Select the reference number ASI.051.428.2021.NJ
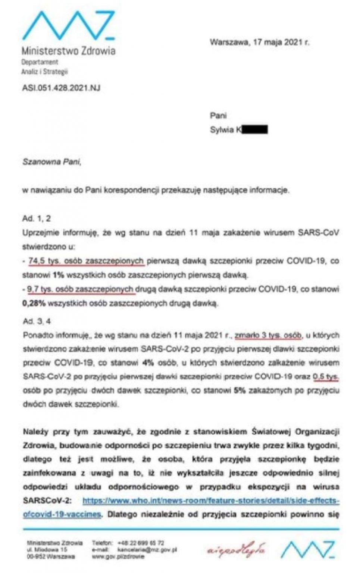pyautogui.click(x=61, y=88)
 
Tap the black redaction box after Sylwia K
pyautogui.click(x=255, y=129)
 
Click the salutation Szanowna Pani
pyautogui.click(x=51, y=162)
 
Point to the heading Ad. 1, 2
pyautogui.click(x=37, y=219)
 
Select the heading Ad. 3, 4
pyautogui.click(x=37, y=321)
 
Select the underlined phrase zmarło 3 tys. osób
pyautogui.click(x=268, y=335)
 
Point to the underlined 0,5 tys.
pyautogui.click(x=326, y=376)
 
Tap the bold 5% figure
pyautogui.click(x=239, y=391)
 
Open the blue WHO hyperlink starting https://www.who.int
pyautogui.click(x=211, y=500)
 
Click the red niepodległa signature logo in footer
pyautogui.click(x=236, y=549)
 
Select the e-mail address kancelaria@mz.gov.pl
pyautogui.click(x=147, y=549)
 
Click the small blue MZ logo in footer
pyautogui.click(x=308, y=549)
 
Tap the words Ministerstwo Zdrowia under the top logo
pyautogui.click(x=68, y=51)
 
